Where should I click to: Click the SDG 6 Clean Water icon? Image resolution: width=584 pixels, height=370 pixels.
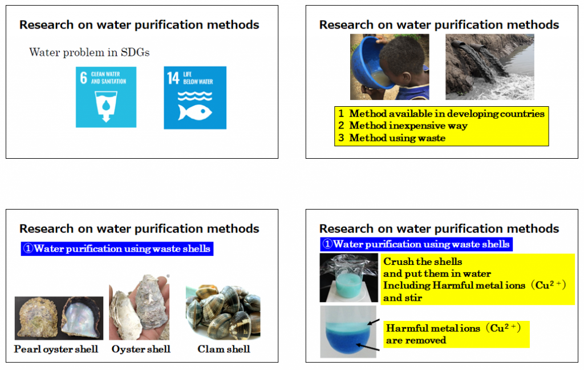point(106,97)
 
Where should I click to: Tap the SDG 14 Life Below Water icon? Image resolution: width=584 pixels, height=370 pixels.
point(195,98)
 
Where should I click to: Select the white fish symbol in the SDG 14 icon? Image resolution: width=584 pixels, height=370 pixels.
point(195,112)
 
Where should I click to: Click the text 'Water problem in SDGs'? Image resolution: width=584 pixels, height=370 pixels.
point(90,52)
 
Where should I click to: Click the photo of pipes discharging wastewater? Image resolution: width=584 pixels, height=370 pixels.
point(490,67)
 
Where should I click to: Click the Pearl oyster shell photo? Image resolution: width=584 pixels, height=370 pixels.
point(59,318)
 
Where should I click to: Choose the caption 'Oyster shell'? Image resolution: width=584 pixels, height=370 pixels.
point(141,349)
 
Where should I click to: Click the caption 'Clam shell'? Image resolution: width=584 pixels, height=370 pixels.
point(224,349)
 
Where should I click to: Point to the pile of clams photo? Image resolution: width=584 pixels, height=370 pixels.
point(223,312)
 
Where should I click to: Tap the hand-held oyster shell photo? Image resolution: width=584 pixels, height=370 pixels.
point(139,307)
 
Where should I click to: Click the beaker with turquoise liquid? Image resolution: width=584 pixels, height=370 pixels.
point(348,278)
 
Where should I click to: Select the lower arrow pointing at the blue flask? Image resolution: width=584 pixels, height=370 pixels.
point(368,347)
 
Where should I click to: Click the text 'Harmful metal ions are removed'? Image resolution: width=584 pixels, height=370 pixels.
point(453,334)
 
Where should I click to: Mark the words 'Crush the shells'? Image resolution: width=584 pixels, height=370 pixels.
point(423,262)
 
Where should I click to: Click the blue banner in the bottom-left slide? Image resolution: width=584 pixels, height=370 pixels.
point(117,248)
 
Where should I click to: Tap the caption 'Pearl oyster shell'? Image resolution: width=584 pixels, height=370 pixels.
point(56,349)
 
